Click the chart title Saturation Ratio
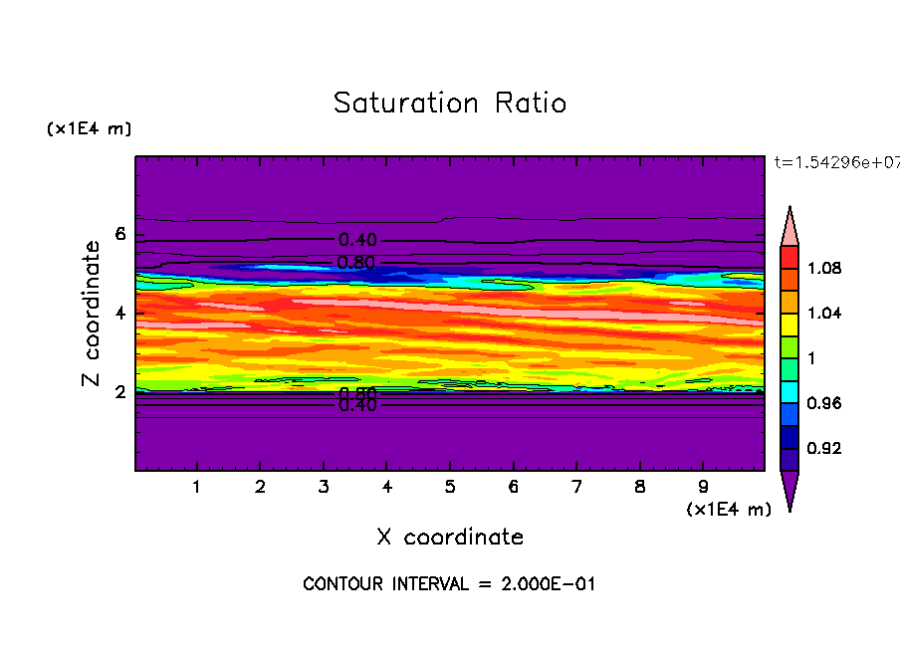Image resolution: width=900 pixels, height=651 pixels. pyautogui.click(x=450, y=104)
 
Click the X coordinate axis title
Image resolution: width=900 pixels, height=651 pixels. pyautogui.click(x=450, y=538)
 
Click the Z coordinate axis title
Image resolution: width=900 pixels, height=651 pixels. pyautogui.click(x=91, y=314)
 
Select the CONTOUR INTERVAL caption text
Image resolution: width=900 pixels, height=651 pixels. pyautogui.click(x=449, y=584)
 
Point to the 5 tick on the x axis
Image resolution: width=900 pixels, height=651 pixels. pyautogui.click(x=450, y=488)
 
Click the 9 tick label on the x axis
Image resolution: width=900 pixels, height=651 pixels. pyautogui.click(x=703, y=488)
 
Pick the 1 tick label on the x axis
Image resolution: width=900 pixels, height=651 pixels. pyautogui.click(x=197, y=488)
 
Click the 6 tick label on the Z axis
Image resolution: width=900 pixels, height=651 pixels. pyautogui.click(x=120, y=235)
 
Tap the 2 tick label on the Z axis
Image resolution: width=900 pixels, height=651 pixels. pyautogui.click(x=120, y=392)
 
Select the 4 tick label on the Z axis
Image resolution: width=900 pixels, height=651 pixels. pyautogui.click(x=120, y=314)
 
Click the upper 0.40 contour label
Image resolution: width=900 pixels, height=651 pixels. pyautogui.click(x=357, y=240)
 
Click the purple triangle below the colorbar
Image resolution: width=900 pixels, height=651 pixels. pyautogui.click(x=789, y=490)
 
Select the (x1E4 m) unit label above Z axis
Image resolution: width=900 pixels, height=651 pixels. pyautogui.click(x=89, y=129)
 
